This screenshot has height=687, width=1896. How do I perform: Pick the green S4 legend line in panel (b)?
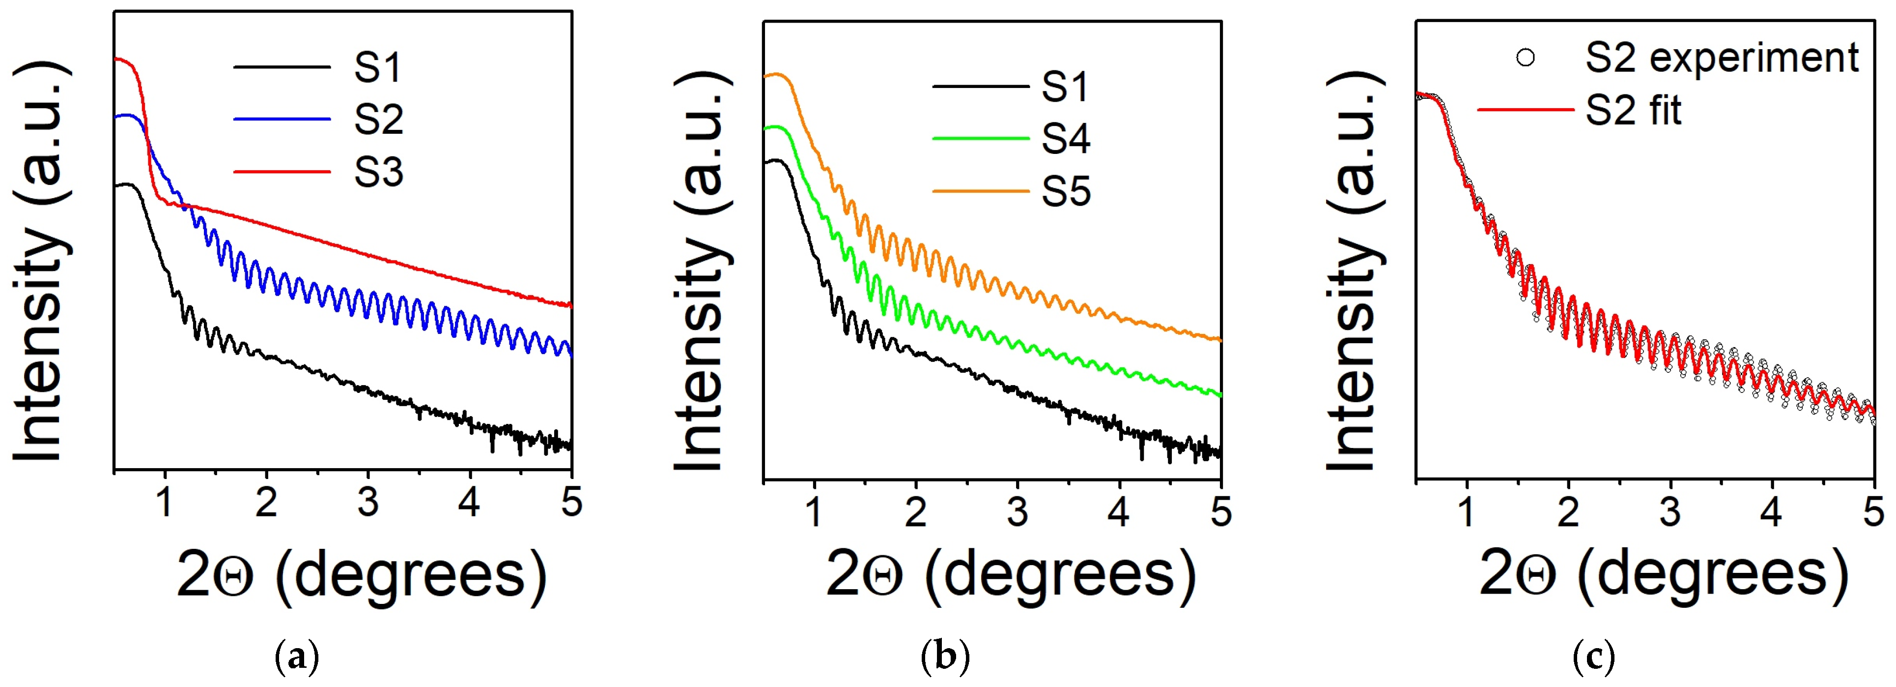tap(980, 138)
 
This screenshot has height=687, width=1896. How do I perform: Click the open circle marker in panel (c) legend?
tap(1525, 58)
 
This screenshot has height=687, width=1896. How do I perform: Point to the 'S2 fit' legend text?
tap(1633, 111)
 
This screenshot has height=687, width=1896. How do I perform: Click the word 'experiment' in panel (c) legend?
tap(1753, 58)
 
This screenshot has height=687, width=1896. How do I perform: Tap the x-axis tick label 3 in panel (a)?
tap(368, 503)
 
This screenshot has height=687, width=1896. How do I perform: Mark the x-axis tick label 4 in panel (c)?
tap(1772, 512)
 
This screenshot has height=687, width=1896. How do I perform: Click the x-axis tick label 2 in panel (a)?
tap(266, 503)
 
